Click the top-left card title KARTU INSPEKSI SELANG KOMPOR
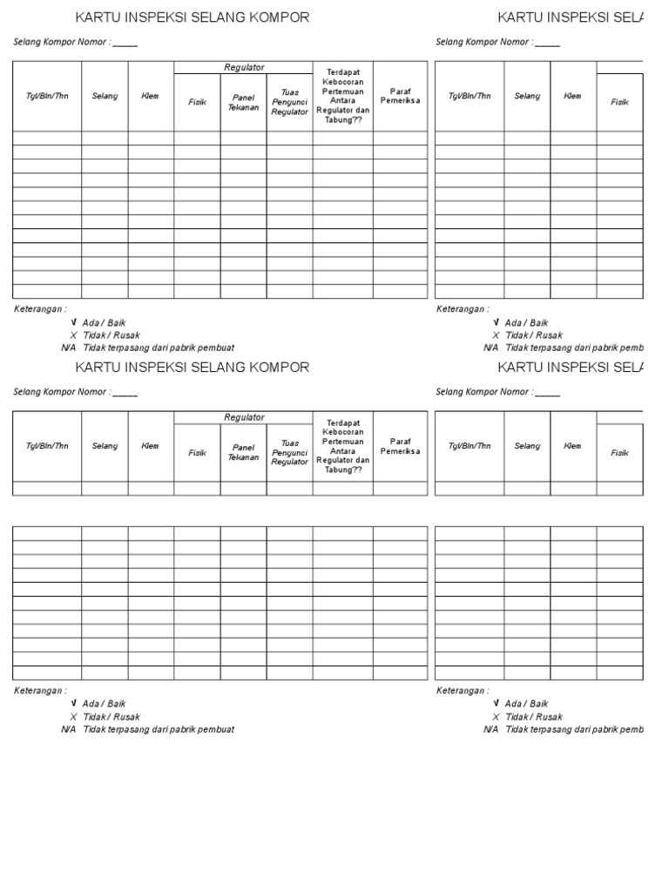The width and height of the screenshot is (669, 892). coord(193,17)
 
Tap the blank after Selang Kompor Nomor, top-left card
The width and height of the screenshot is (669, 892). coord(125,43)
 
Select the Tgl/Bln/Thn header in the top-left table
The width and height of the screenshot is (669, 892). coord(47,96)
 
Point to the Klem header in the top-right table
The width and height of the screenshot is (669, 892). coord(572,96)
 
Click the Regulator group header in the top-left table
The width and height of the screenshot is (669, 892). coord(244,67)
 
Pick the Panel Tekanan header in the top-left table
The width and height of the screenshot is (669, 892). coord(243,103)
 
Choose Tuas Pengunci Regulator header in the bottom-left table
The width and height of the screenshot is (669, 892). coord(289,453)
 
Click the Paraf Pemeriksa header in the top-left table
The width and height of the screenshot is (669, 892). coord(400,96)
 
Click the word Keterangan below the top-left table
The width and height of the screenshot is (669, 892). coord(40,309)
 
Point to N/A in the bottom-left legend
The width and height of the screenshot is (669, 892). coord(69,729)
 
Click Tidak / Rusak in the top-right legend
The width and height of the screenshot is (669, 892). coord(533,335)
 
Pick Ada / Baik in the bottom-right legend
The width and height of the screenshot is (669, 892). coord(526,704)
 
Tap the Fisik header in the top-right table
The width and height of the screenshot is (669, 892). coord(619,102)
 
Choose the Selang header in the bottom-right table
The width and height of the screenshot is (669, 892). coord(527,446)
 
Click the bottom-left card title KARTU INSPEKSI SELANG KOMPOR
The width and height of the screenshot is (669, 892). coord(193,368)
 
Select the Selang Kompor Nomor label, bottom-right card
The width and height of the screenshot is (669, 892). coord(483,392)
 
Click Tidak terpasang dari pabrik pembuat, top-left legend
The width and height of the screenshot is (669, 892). coord(159,348)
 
